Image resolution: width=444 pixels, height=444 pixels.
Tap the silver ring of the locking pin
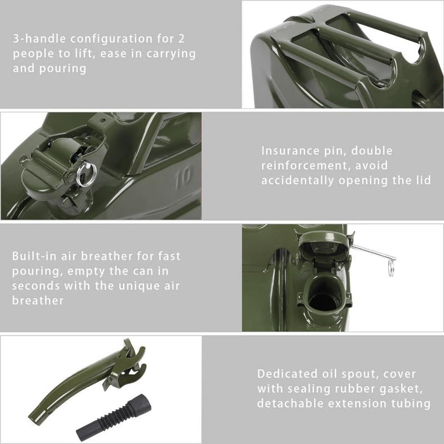click(86, 174)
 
